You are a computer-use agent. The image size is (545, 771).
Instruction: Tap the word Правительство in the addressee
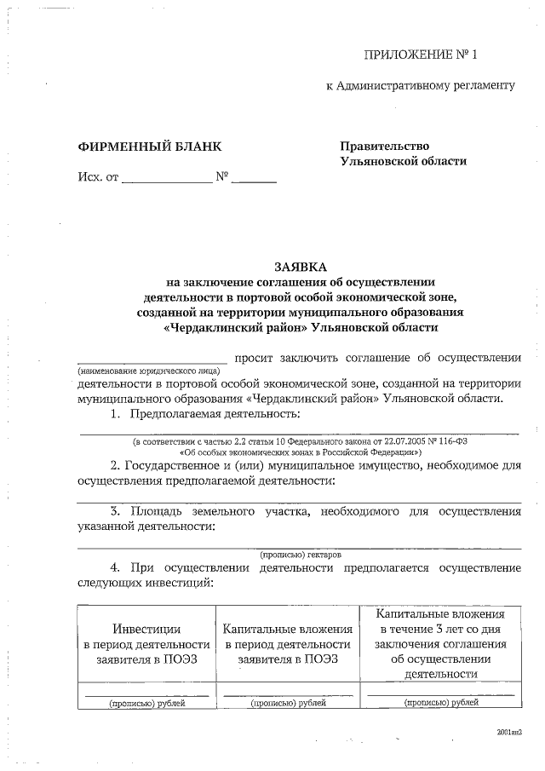point(384,147)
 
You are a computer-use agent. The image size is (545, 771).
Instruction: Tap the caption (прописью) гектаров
point(300,553)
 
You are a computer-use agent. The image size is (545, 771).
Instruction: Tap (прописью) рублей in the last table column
point(441,703)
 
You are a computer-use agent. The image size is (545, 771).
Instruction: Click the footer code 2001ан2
point(508,732)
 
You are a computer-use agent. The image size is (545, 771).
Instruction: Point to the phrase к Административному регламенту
point(422,86)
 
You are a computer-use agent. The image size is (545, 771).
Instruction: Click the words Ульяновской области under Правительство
point(403,161)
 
